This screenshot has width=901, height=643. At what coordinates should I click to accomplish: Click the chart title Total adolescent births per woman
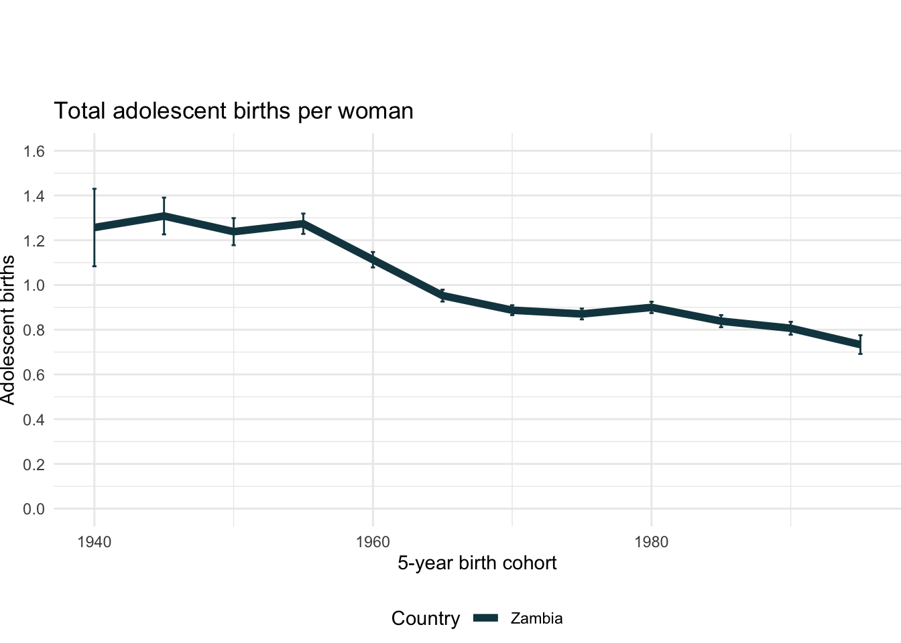[233, 111]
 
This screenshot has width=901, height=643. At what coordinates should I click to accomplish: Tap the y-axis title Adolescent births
[8, 330]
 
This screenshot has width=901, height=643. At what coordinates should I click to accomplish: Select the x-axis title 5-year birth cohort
[477, 563]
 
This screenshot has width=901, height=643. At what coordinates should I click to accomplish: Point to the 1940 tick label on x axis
[94, 542]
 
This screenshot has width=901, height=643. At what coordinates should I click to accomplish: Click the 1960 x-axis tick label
[373, 542]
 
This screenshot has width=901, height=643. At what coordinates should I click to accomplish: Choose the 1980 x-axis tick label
[651, 542]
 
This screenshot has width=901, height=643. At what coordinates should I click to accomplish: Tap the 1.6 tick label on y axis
[34, 151]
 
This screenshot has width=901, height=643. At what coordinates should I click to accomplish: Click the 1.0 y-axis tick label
[34, 285]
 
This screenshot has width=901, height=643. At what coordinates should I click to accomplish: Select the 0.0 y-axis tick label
[34, 509]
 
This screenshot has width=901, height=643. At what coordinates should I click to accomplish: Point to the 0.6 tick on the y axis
[34, 375]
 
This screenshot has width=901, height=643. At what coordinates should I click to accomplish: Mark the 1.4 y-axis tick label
[34, 196]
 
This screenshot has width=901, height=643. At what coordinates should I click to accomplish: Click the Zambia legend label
[536, 619]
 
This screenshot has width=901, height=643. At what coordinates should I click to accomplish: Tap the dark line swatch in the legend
[486, 619]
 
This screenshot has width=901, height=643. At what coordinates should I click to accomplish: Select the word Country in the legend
[426, 619]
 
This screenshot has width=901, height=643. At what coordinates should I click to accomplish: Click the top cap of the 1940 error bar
[95, 189]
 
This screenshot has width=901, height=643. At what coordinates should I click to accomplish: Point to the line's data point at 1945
[164, 216]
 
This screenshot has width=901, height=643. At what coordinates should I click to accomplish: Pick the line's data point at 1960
[373, 260]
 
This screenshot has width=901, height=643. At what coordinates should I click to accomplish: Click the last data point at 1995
[860, 344]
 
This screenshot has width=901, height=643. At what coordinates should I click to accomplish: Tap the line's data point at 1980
[651, 307]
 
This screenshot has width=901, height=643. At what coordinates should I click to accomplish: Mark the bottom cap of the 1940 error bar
[95, 266]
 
